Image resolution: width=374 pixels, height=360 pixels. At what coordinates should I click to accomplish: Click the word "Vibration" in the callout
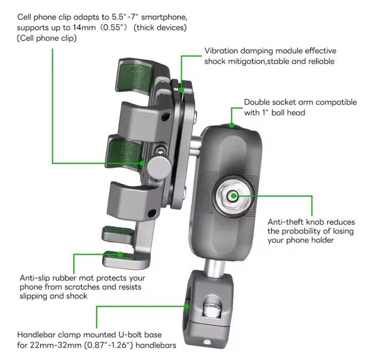221,51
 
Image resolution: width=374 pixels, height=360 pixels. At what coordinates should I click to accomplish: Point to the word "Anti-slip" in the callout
35,278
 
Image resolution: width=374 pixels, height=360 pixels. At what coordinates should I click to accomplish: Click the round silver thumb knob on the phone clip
159,167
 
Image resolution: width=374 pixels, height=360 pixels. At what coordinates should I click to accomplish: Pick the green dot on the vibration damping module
181,90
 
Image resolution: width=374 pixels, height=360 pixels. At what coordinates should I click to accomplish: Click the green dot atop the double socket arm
231,125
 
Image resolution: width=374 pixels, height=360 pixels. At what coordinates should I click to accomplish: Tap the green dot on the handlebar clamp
187,307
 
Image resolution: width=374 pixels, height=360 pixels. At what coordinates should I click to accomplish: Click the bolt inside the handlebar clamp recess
211,311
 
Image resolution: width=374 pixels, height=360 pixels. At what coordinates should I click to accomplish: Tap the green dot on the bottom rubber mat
120,255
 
